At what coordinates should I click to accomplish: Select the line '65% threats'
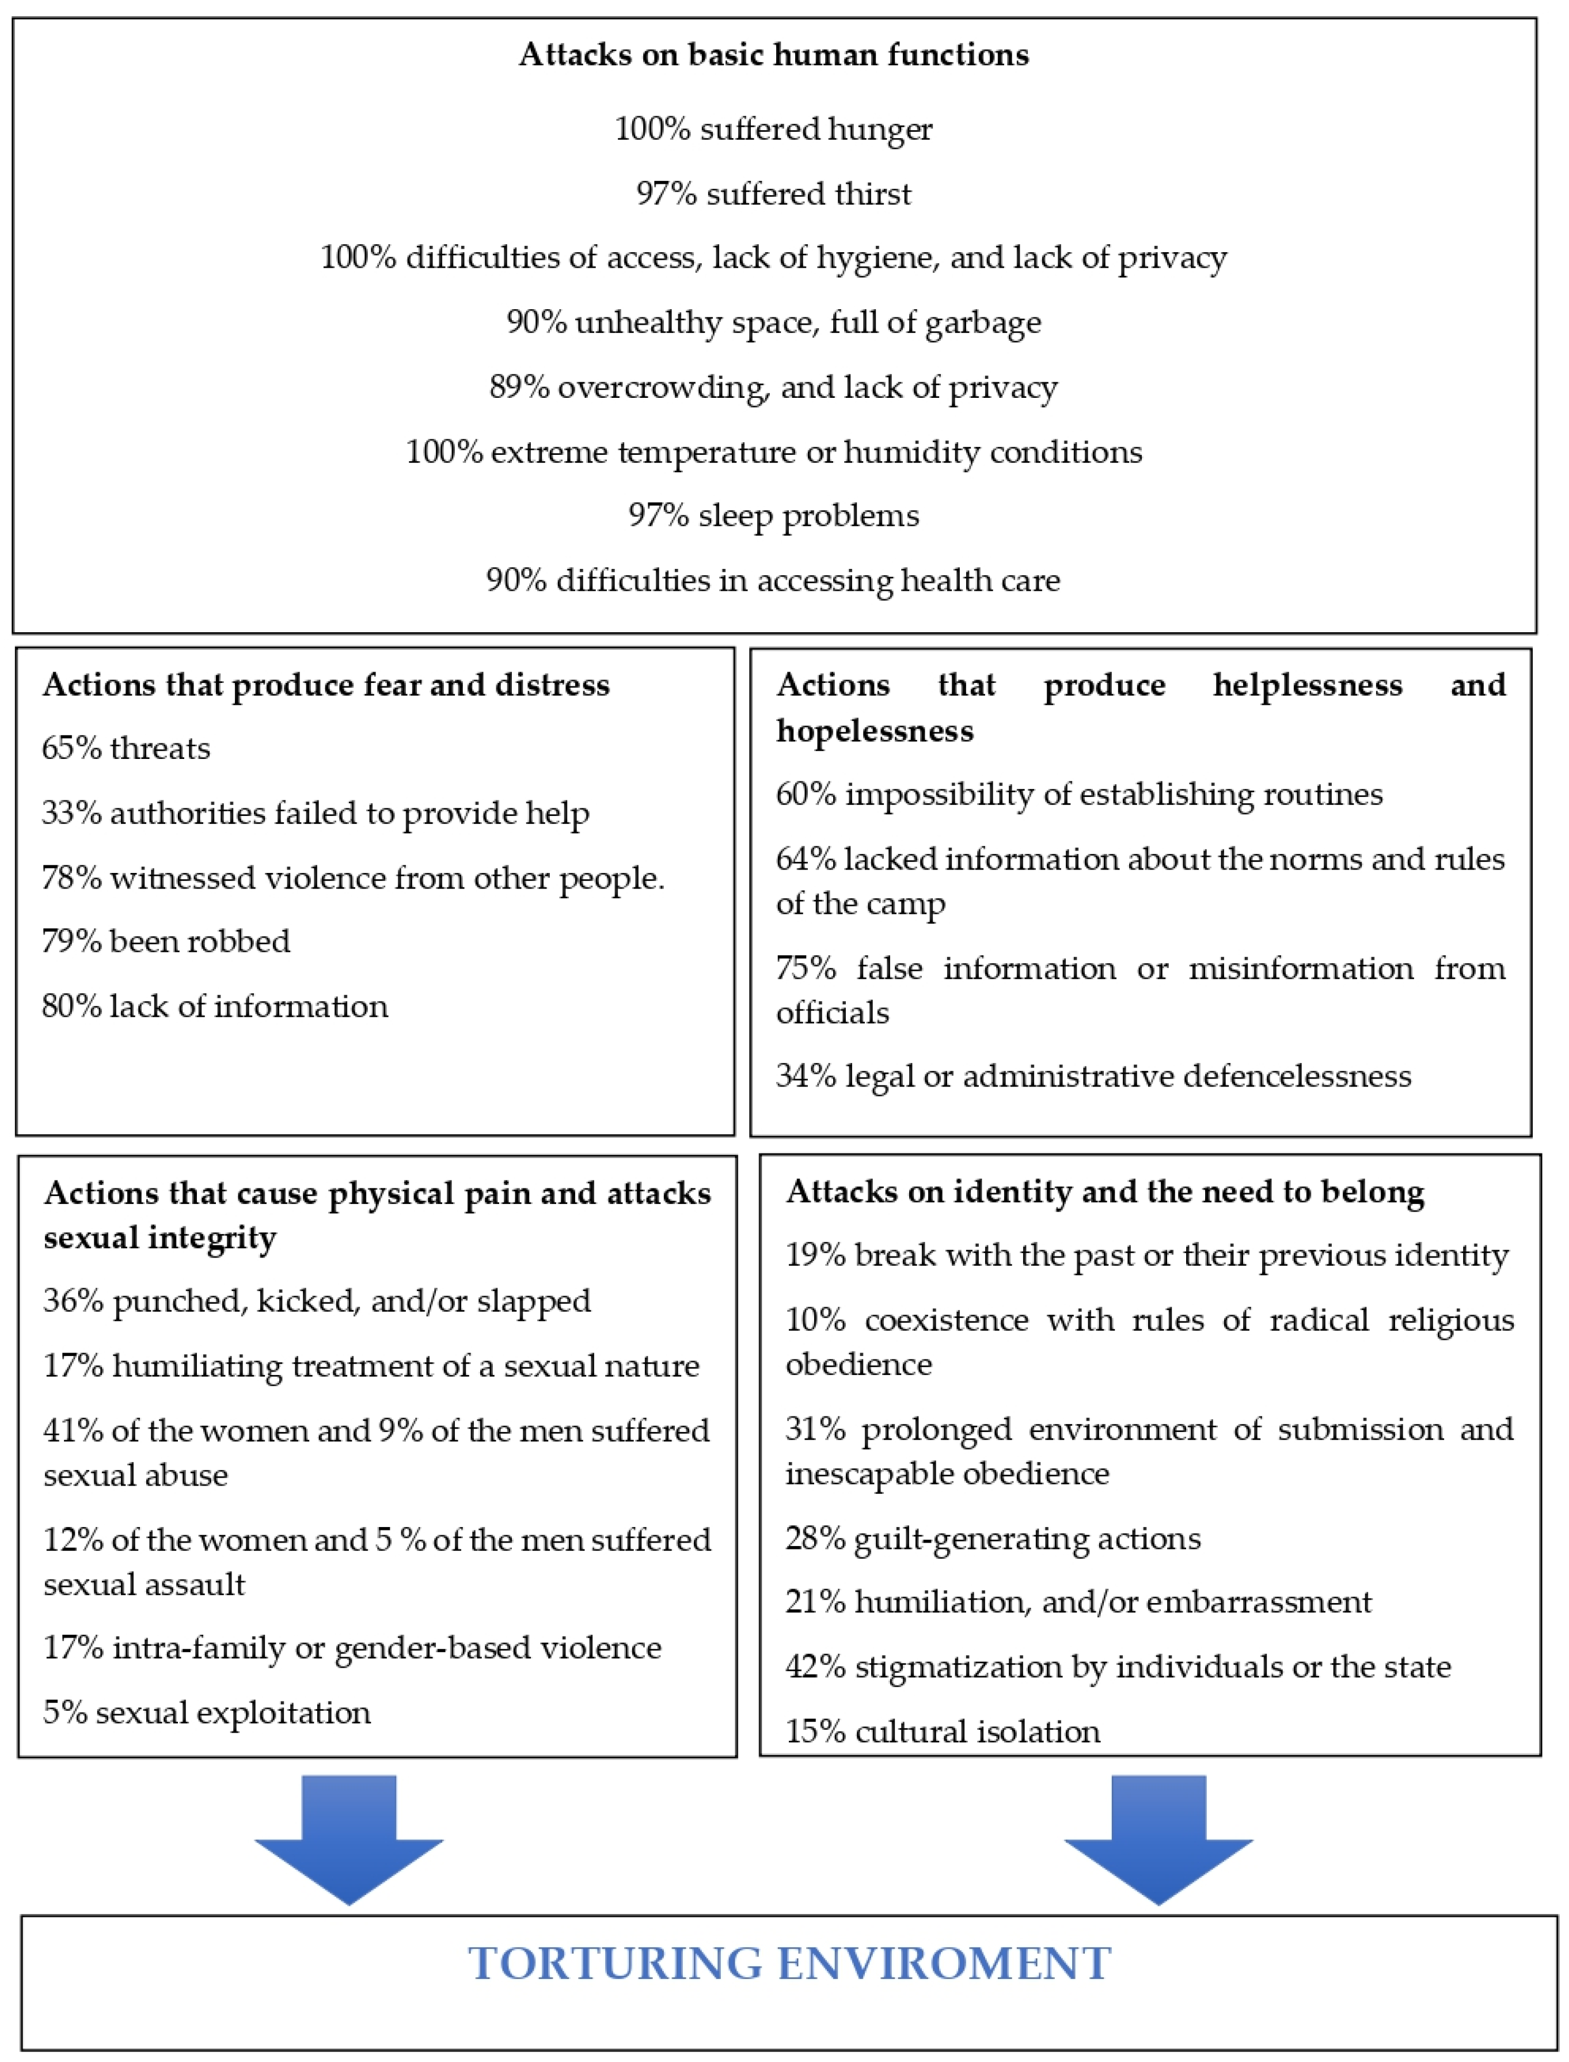tap(126, 748)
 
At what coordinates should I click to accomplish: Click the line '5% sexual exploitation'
tap(207, 1712)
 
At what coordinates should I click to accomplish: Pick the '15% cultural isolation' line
tap(943, 1731)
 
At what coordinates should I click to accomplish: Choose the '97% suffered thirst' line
tap(773, 193)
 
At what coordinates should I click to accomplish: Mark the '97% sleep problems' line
tap(773, 515)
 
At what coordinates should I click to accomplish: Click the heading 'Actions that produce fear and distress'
tap(326, 685)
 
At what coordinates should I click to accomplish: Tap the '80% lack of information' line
tap(215, 1006)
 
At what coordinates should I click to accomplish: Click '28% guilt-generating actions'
tap(993, 1538)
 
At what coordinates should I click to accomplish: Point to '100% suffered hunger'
tap(773, 129)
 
